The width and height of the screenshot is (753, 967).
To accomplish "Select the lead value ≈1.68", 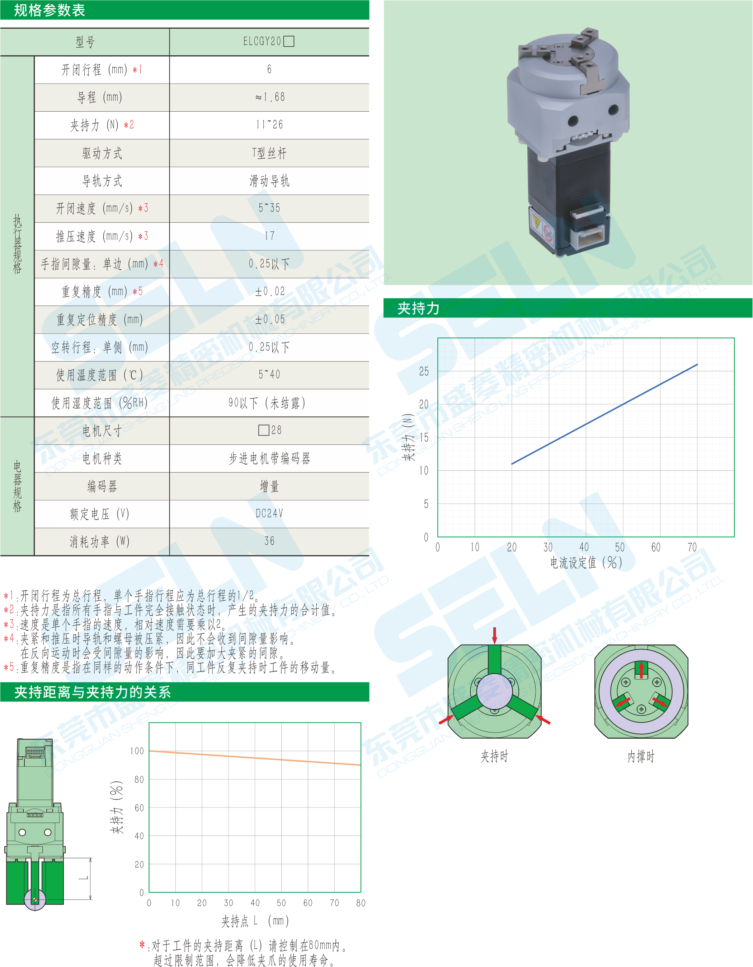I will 269,97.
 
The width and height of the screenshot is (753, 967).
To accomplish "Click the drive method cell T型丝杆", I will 269,153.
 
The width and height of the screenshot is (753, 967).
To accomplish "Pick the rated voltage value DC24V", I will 269,513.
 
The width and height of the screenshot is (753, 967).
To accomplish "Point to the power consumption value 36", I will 269,541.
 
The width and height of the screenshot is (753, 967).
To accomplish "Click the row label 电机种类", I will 102,458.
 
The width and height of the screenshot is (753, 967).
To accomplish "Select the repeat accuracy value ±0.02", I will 269,291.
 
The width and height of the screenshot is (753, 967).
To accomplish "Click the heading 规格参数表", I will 49,10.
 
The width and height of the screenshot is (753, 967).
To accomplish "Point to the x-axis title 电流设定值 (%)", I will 586,563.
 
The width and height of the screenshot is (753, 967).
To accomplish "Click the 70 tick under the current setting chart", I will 692,548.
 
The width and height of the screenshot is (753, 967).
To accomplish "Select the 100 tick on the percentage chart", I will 137,751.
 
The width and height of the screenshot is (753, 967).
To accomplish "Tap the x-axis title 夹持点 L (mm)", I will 255,921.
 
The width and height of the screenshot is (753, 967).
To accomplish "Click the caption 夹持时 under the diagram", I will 494,756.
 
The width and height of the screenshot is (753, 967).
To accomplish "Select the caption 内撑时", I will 641,756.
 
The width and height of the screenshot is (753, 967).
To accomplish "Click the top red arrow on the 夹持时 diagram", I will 495,635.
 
